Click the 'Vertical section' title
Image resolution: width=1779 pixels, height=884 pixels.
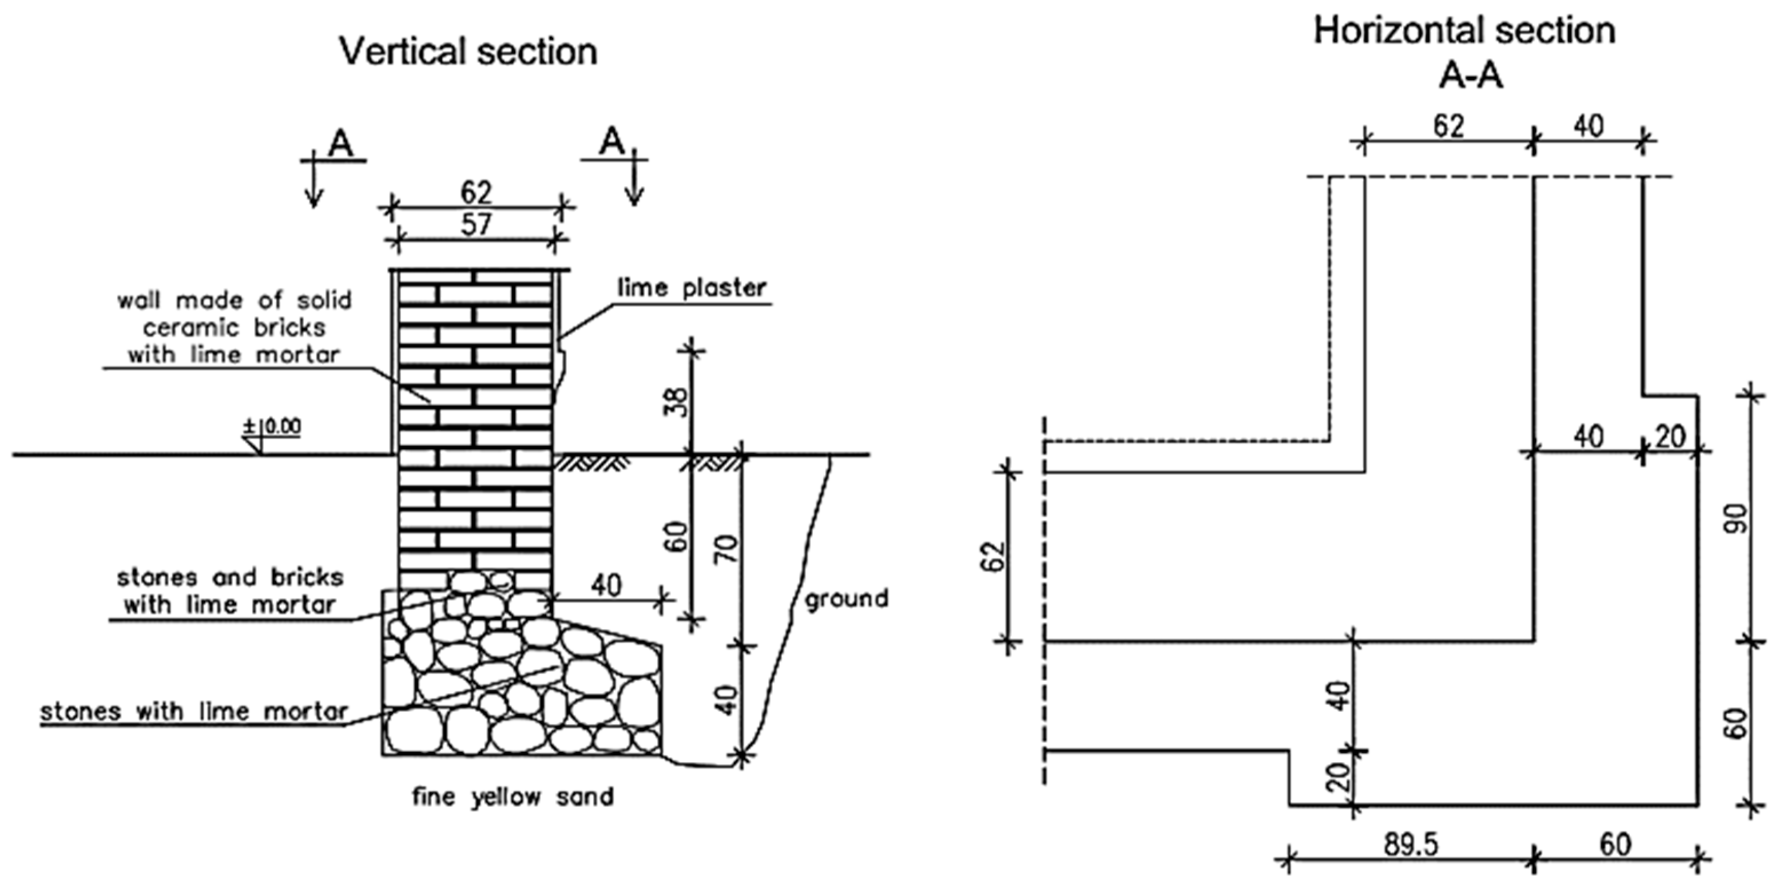tap(468, 53)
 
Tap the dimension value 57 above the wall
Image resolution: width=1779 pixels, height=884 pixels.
tap(476, 224)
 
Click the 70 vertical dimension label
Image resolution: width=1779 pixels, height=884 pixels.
tap(729, 549)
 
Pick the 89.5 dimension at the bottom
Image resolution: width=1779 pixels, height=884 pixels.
tap(1409, 845)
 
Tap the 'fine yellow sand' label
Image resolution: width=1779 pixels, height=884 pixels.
tap(513, 797)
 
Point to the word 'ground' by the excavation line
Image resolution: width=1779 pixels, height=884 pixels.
tap(846, 598)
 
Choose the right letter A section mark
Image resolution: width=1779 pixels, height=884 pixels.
tap(610, 142)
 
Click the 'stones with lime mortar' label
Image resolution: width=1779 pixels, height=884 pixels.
tap(193, 711)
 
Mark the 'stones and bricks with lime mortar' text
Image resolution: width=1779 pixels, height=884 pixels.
tap(230, 591)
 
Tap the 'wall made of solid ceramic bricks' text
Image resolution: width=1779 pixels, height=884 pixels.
tap(234, 327)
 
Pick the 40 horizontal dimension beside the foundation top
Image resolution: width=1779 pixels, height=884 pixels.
tap(606, 586)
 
